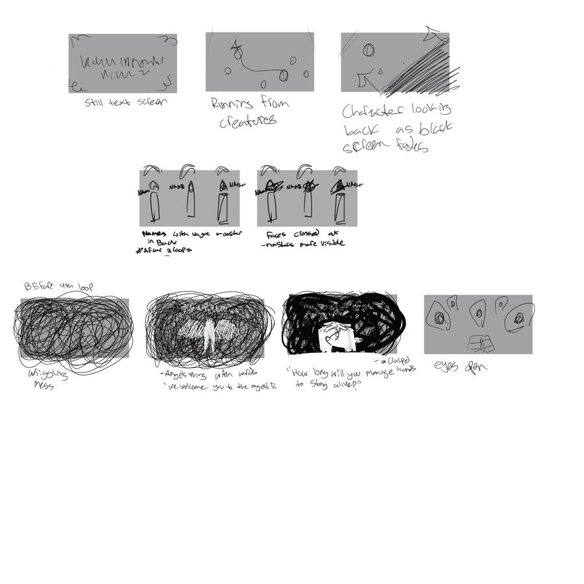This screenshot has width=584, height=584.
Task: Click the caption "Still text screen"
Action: point(126,102)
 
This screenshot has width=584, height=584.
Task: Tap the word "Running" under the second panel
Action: point(231,103)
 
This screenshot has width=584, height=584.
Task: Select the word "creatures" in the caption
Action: point(247,121)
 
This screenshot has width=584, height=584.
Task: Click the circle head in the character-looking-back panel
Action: point(368,49)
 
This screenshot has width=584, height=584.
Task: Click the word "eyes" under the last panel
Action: point(446,367)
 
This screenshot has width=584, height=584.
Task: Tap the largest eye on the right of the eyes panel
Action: point(519,317)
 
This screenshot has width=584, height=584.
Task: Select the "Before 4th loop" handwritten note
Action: point(58,286)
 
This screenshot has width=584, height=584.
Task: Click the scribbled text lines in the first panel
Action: point(123,66)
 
